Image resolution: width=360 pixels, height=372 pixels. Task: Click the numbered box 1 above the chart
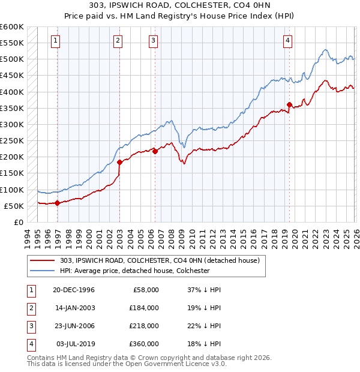point(55,41)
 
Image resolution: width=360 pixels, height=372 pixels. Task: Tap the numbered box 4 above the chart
point(288,41)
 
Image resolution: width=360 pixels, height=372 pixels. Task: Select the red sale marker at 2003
point(119,162)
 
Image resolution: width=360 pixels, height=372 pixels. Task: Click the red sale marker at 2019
point(289,105)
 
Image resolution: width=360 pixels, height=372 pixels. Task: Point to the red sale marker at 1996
point(58,203)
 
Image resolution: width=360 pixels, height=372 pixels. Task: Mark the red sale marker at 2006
point(155,151)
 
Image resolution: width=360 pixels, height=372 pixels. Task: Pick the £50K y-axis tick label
point(14,206)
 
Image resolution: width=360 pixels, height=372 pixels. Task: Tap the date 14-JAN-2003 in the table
point(73,307)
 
